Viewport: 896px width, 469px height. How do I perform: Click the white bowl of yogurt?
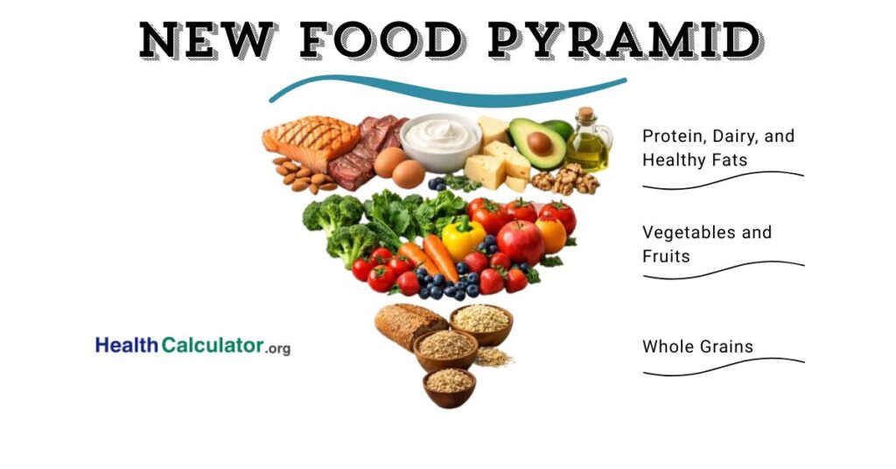coord(440,141)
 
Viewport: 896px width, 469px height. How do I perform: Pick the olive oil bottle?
coord(588,145)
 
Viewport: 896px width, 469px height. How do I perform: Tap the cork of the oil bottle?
coord(585,114)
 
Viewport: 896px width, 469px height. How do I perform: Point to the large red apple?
coord(520,241)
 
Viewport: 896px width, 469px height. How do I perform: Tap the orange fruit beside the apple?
coord(552,234)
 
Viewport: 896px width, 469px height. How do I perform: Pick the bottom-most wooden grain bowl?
coord(450,385)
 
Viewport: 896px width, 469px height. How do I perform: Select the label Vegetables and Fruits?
coord(707,244)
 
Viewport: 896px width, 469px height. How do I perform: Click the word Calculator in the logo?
coord(213,346)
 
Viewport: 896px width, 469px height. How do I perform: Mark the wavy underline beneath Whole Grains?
coord(723,367)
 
